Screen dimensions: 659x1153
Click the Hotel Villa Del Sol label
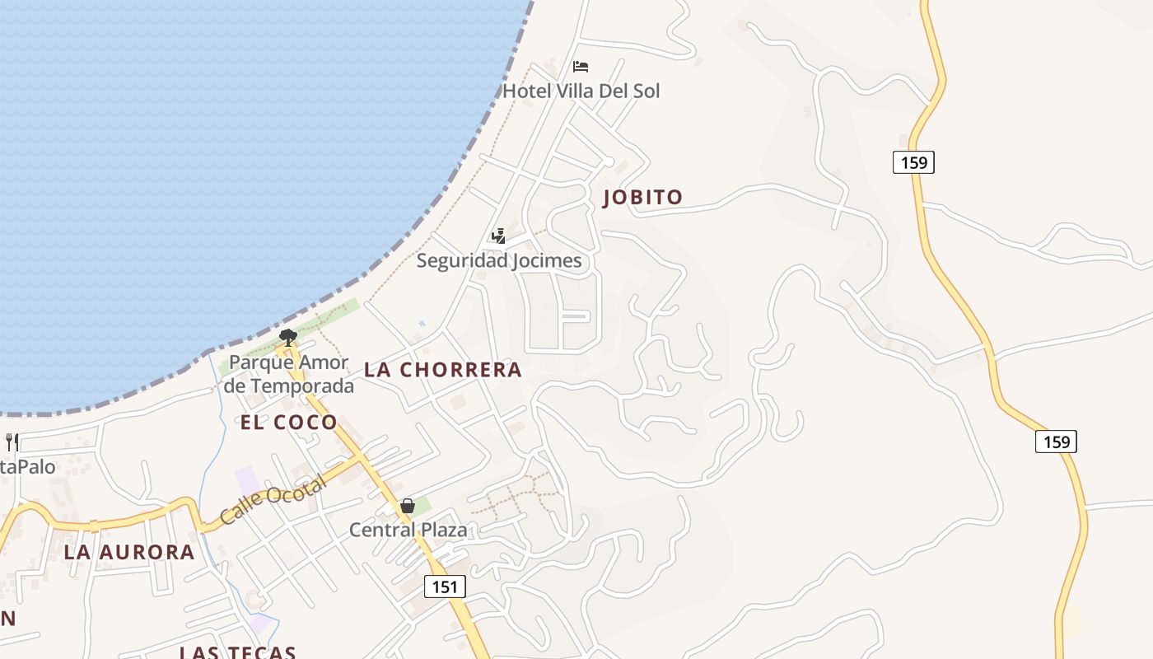point(581,91)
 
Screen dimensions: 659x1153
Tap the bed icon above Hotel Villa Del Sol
point(581,67)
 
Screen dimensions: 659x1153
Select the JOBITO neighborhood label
point(643,198)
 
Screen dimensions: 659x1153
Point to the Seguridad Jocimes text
point(498,261)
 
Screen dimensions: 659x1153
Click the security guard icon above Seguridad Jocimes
point(498,237)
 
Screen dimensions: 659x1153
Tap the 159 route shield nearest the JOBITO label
point(913,162)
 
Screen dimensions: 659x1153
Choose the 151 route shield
point(445,587)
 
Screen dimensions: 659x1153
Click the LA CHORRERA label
point(443,370)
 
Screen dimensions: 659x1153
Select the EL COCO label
point(288,423)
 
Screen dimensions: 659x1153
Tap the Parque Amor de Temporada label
point(289,374)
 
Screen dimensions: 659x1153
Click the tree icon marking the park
point(287,336)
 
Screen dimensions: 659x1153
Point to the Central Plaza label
point(408,530)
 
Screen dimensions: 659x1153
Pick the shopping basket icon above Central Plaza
point(408,506)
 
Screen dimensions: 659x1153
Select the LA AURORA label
point(129,552)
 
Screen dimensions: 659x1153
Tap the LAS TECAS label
point(238,652)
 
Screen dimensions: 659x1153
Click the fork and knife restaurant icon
point(12,442)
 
